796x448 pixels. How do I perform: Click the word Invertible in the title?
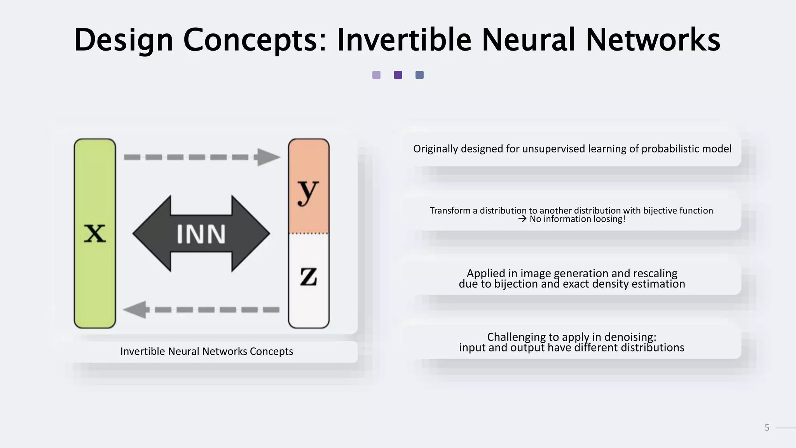(x=404, y=40)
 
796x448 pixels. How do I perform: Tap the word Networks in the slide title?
(x=653, y=40)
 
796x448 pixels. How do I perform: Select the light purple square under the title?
(x=376, y=75)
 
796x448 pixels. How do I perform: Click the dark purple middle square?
(x=398, y=75)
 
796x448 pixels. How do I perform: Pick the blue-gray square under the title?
(x=419, y=75)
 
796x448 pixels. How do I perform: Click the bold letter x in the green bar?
(x=95, y=233)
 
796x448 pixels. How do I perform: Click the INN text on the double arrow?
(x=201, y=234)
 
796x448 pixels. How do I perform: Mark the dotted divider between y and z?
(x=309, y=233)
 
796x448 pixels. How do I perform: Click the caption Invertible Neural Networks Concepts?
(x=206, y=351)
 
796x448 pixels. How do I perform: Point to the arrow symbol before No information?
(x=522, y=219)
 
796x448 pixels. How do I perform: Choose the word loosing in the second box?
(x=608, y=219)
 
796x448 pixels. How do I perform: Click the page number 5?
(x=767, y=428)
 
